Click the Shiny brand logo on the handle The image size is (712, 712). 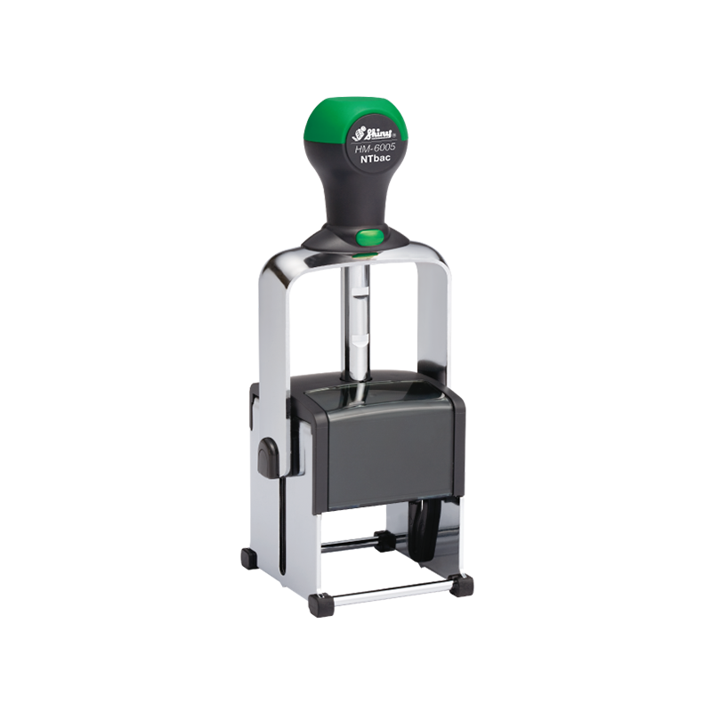375,133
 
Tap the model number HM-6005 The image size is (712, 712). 375,148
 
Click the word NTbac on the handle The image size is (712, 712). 375,159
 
